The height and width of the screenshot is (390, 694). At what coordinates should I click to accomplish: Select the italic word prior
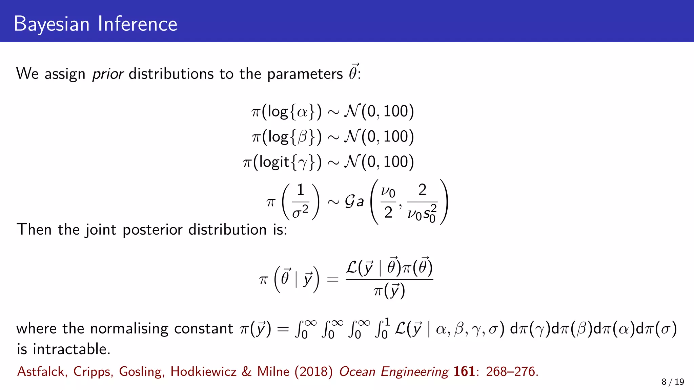(x=108, y=74)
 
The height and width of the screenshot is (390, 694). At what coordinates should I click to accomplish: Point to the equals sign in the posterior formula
(x=332, y=280)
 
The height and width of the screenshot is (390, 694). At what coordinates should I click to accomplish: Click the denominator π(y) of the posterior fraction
(x=389, y=291)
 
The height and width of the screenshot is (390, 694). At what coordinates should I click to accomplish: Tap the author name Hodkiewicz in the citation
(x=203, y=372)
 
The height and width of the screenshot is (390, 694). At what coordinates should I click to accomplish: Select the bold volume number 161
(x=464, y=371)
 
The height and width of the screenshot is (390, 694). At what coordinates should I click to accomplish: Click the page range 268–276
(x=510, y=372)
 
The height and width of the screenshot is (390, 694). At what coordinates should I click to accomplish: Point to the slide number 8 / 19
(x=673, y=382)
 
